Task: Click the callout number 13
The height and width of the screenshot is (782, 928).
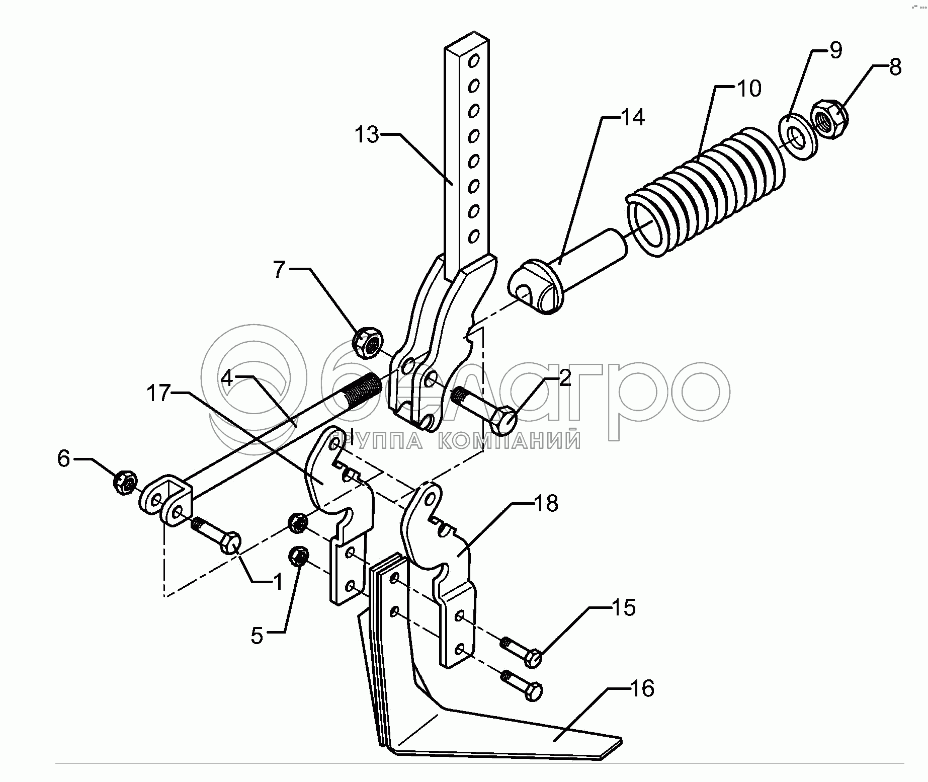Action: pos(366,135)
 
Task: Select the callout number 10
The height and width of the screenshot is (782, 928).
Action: pos(748,89)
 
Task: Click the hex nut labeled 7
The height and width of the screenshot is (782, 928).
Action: pos(369,343)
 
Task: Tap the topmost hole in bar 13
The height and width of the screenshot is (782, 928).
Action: pos(473,62)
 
